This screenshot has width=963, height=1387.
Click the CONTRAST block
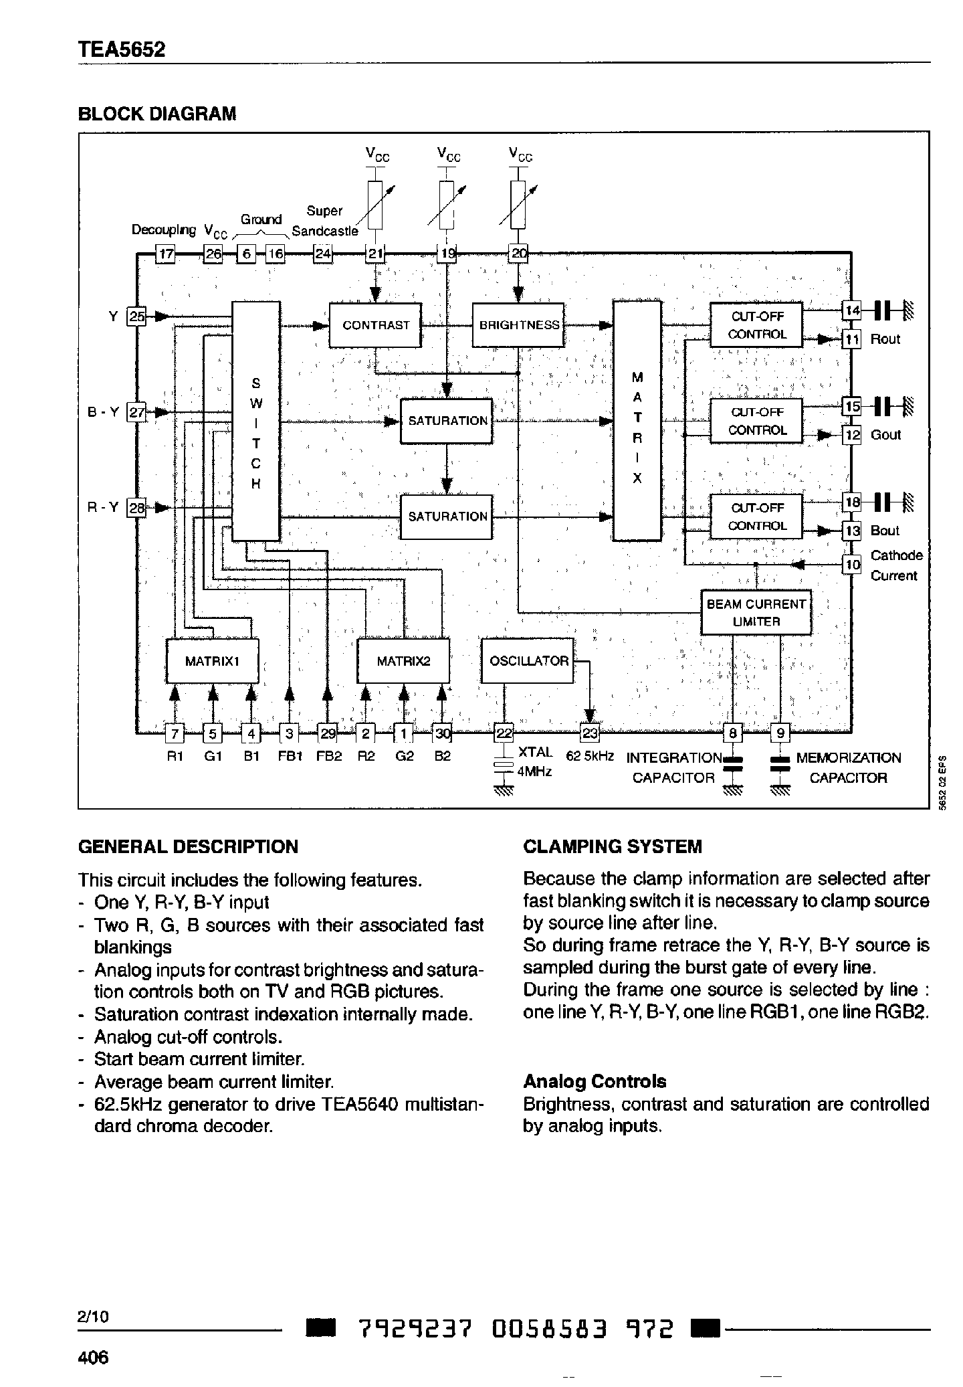(x=375, y=325)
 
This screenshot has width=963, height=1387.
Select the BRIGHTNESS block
(x=518, y=325)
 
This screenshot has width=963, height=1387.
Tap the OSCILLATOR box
(x=528, y=661)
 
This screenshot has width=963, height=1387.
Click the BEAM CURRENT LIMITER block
(x=756, y=612)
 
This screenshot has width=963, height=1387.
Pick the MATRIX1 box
(x=212, y=661)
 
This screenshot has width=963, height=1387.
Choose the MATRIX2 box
(x=403, y=661)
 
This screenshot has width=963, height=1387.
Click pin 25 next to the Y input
(x=136, y=316)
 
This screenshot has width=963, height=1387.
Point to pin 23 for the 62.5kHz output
(x=590, y=733)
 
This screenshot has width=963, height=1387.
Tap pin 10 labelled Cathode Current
(x=851, y=565)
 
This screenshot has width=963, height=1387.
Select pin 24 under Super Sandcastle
(x=323, y=254)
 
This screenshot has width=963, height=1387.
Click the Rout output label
(x=885, y=339)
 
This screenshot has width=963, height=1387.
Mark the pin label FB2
(x=328, y=756)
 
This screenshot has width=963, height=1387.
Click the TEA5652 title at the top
(x=122, y=50)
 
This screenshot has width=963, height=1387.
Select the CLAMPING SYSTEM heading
(x=612, y=846)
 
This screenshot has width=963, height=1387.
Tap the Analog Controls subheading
(x=594, y=1082)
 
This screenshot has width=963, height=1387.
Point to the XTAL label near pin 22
(x=535, y=753)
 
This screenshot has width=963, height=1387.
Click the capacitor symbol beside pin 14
(x=883, y=310)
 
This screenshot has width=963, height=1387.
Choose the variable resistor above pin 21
(x=375, y=205)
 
